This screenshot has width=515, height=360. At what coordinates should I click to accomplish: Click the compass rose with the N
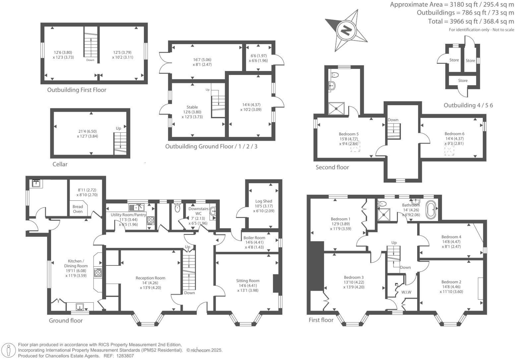point(346,31)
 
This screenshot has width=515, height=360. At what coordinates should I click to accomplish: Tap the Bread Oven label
point(78,209)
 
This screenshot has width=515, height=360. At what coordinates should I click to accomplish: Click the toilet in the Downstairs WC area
point(177,208)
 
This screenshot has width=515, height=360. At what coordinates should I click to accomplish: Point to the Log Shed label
point(264,201)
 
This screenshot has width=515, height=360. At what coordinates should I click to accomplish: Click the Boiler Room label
point(254,238)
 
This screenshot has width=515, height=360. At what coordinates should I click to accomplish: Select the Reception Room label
point(150,278)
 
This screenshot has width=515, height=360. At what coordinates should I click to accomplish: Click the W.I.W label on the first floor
point(406,292)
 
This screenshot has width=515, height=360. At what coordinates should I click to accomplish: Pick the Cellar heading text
point(60,164)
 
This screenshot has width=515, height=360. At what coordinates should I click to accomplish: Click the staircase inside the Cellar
point(120,143)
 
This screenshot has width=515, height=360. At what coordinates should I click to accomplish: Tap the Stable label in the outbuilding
point(192,107)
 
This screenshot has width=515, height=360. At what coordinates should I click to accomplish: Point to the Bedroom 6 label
point(454,134)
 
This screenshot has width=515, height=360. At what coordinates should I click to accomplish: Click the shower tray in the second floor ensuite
point(337,108)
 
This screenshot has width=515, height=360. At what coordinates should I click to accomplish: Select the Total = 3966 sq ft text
point(471,22)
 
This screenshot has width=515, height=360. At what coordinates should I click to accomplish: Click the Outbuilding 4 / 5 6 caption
point(468,105)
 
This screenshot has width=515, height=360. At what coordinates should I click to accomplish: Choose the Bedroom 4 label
point(451,237)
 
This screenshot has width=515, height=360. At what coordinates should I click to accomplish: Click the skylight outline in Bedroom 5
point(355,146)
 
